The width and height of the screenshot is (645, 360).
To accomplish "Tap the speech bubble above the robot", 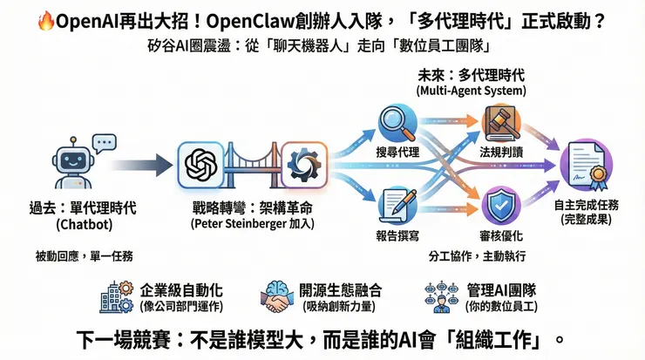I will pos(105,142).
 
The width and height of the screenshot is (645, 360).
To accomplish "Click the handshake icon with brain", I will pos(280,296).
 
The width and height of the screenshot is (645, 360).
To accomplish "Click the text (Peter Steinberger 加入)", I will pos(252,224).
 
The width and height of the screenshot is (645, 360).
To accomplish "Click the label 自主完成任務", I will pos(586,206).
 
